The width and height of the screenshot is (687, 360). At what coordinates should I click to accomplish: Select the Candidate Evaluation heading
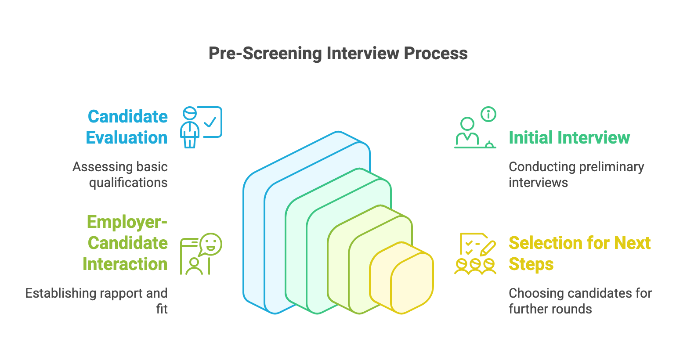tap(127, 127)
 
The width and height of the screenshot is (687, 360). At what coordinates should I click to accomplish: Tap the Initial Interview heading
tap(569, 137)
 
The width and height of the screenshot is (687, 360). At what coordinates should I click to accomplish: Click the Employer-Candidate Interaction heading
tap(126, 243)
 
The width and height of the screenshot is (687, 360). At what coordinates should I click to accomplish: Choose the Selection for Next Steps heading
tap(579, 253)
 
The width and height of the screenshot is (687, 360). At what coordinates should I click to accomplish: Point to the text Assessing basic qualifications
tap(120, 175)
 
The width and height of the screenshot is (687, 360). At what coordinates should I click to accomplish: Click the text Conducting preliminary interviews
tap(576, 175)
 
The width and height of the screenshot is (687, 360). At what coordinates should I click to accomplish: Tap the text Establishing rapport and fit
tap(97, 301)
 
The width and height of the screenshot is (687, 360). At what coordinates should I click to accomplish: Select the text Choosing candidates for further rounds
tap(580, 301)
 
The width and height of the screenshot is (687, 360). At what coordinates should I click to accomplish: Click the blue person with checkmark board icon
tap(201, 127)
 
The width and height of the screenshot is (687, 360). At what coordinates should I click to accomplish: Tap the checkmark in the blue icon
tap(210, 121)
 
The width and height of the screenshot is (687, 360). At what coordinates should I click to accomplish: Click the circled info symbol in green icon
tap(488, 115)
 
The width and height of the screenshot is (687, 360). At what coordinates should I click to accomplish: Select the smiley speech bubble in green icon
tap(211, 244)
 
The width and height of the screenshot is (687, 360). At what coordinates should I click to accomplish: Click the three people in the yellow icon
tap(475, 266)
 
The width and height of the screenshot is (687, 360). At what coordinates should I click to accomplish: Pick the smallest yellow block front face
tap(412, 283)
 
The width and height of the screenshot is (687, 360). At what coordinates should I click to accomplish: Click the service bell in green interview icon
tap(489, 144)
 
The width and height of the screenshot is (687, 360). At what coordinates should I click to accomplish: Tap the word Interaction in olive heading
tap(125, 264)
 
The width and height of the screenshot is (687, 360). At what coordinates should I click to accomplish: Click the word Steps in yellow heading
tap(531, 264)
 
